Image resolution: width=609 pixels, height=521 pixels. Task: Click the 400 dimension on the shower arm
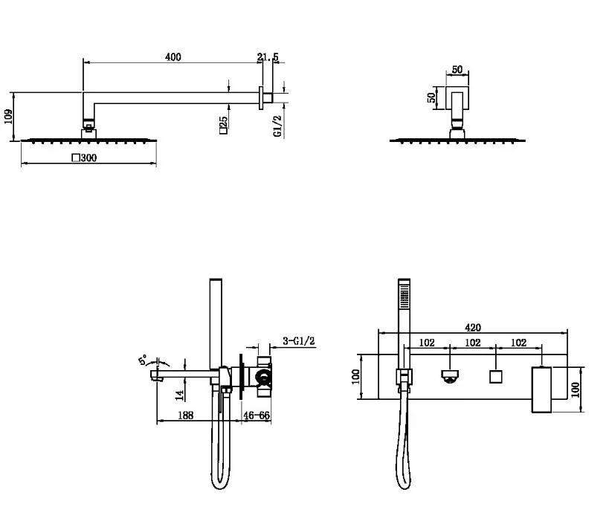(x=173, y=57)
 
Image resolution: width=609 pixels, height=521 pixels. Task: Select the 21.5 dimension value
(x=268, y=57)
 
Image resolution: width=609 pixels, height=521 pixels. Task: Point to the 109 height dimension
(x=8, y=117)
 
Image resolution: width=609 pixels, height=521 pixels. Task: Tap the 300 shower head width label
(x=84, y=158)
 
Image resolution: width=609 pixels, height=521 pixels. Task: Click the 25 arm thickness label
(x=223, y=125)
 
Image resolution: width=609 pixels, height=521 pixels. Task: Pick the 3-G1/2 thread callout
(x=299, y=341)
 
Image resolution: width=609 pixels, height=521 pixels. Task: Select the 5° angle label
(x=144, y=360)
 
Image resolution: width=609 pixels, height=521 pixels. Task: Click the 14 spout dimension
(x=179, y=395)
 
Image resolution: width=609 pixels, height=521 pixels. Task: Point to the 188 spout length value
(x=185, y=415)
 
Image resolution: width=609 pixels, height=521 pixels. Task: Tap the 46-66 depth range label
(x=257, y=415)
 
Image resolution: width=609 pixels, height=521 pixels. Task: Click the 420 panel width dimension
(x=473, y=328)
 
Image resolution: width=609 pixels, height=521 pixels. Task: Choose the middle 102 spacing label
(x=473, y=343)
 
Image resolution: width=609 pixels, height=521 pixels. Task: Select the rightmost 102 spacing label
(x=518, y=343)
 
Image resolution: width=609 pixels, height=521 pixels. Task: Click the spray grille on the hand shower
(x=405, y=297)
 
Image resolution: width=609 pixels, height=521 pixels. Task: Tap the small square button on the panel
(x=495, y=377)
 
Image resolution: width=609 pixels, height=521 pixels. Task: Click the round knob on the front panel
(x=450, y=376)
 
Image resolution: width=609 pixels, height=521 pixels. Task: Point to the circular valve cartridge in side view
(x=264, y=377)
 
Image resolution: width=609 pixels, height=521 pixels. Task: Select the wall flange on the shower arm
(x=261, y=98)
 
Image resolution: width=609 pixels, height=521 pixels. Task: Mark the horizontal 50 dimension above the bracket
(x=457, y=70)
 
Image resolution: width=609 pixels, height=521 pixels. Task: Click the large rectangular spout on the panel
(x=541, y=389)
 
